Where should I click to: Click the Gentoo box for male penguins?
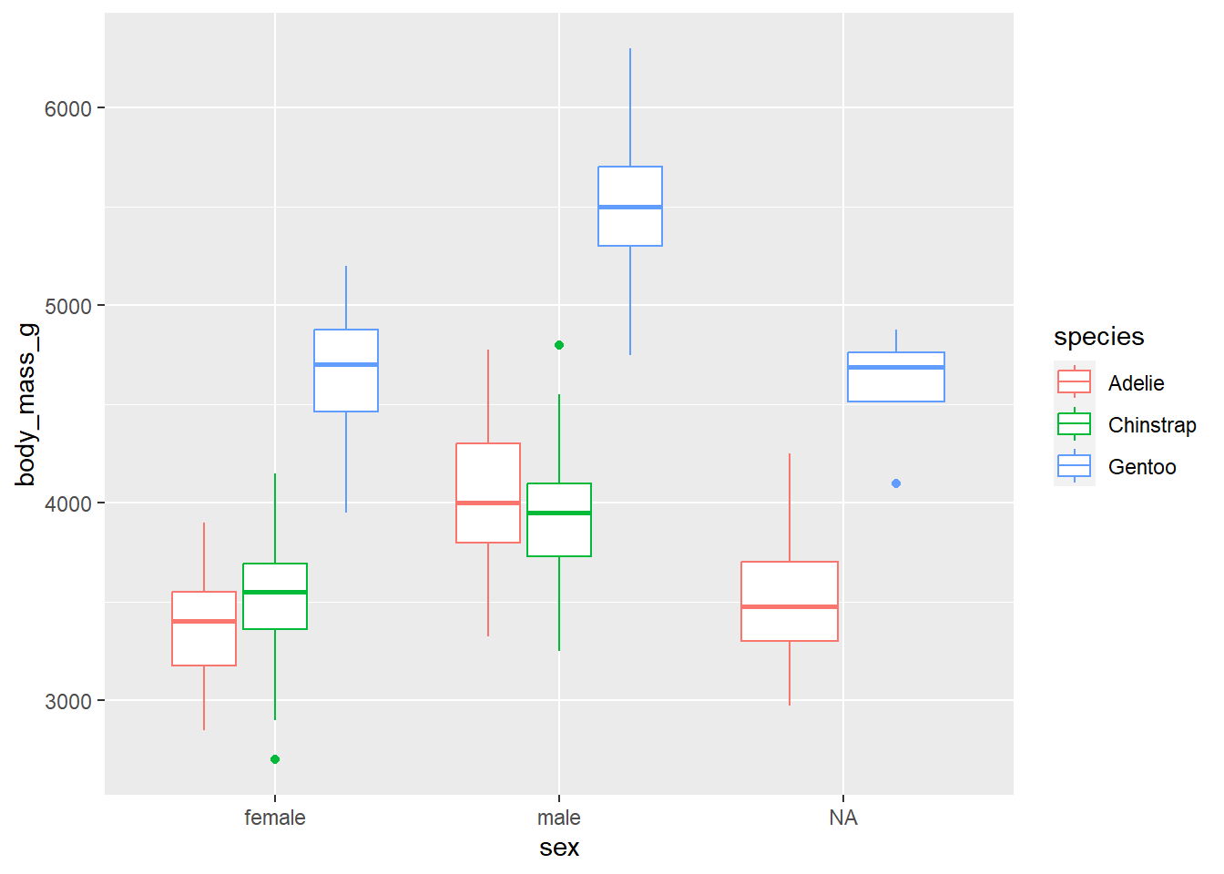click(x=630, y=206)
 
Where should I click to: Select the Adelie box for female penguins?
click(x=204, y=628)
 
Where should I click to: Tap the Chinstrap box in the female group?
click(x=275, y=596)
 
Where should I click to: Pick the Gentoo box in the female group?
click(x=346, y=371)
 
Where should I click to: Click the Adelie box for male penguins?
click(x=488, y=493)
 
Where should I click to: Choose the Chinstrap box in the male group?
click(x=559, y=519)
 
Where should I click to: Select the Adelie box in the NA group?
click(x=790, y=601)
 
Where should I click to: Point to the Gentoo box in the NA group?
click(x=896, y=376)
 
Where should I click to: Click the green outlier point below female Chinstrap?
click(x=275, y=759)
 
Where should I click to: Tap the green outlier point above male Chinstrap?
click(x=559, y=345)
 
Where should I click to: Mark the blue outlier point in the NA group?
click(x=896, y=483)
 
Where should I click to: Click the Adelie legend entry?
click(x=1136, y=383)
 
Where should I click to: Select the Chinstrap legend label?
click(x=1152, y=425)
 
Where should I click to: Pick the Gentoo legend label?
click(x=1142, y=467)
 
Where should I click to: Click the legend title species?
click(x=1098, y=337)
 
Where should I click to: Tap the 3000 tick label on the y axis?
click(x=68, y=701)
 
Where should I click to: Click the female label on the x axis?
click(x=275, y=818)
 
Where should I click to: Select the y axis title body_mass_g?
click(x=25, y=404)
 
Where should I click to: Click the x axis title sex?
click(x=559, y=848)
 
